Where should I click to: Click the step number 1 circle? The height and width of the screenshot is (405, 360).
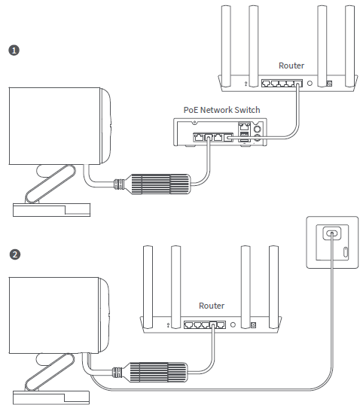tap(13, 50)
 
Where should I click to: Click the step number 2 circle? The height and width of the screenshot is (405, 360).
tap(13, 254)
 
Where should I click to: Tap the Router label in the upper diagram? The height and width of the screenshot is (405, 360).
tap(291, 65)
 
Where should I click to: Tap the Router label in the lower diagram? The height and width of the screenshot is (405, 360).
tap(212, 306)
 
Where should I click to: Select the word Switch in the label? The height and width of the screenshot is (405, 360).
tap(247, 110)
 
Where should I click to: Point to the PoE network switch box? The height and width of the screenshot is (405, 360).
tap(219, 135)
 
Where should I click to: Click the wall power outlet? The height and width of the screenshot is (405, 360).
tap(331, 240)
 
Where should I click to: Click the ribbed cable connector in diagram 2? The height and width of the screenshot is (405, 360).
tap(158, 371)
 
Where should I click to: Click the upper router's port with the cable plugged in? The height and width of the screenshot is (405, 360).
tap(298, 83)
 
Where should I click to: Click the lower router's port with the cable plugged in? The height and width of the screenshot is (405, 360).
tap(218, 325)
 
